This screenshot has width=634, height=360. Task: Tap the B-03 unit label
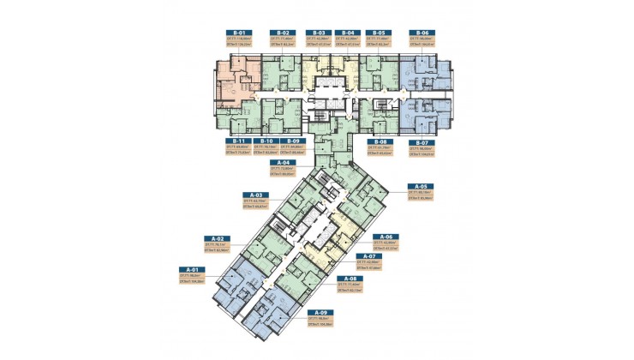(316, 32)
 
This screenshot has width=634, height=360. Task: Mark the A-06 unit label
(389, 236)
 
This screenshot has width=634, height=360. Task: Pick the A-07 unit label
(368, 255)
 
